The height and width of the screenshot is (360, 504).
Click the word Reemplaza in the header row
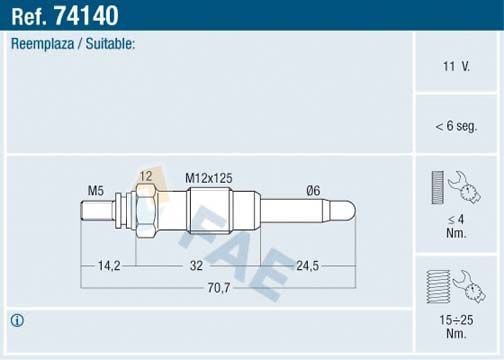[x=41, y=45]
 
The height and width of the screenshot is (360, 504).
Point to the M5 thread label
[x=96, y=190]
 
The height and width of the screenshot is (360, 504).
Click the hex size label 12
[x=146, y=177]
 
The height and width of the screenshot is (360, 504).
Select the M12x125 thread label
[x=209, y=178]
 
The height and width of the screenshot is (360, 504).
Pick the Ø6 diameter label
[x=313, y=190]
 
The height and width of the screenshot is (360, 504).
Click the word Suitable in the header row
[x=111, y=45]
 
